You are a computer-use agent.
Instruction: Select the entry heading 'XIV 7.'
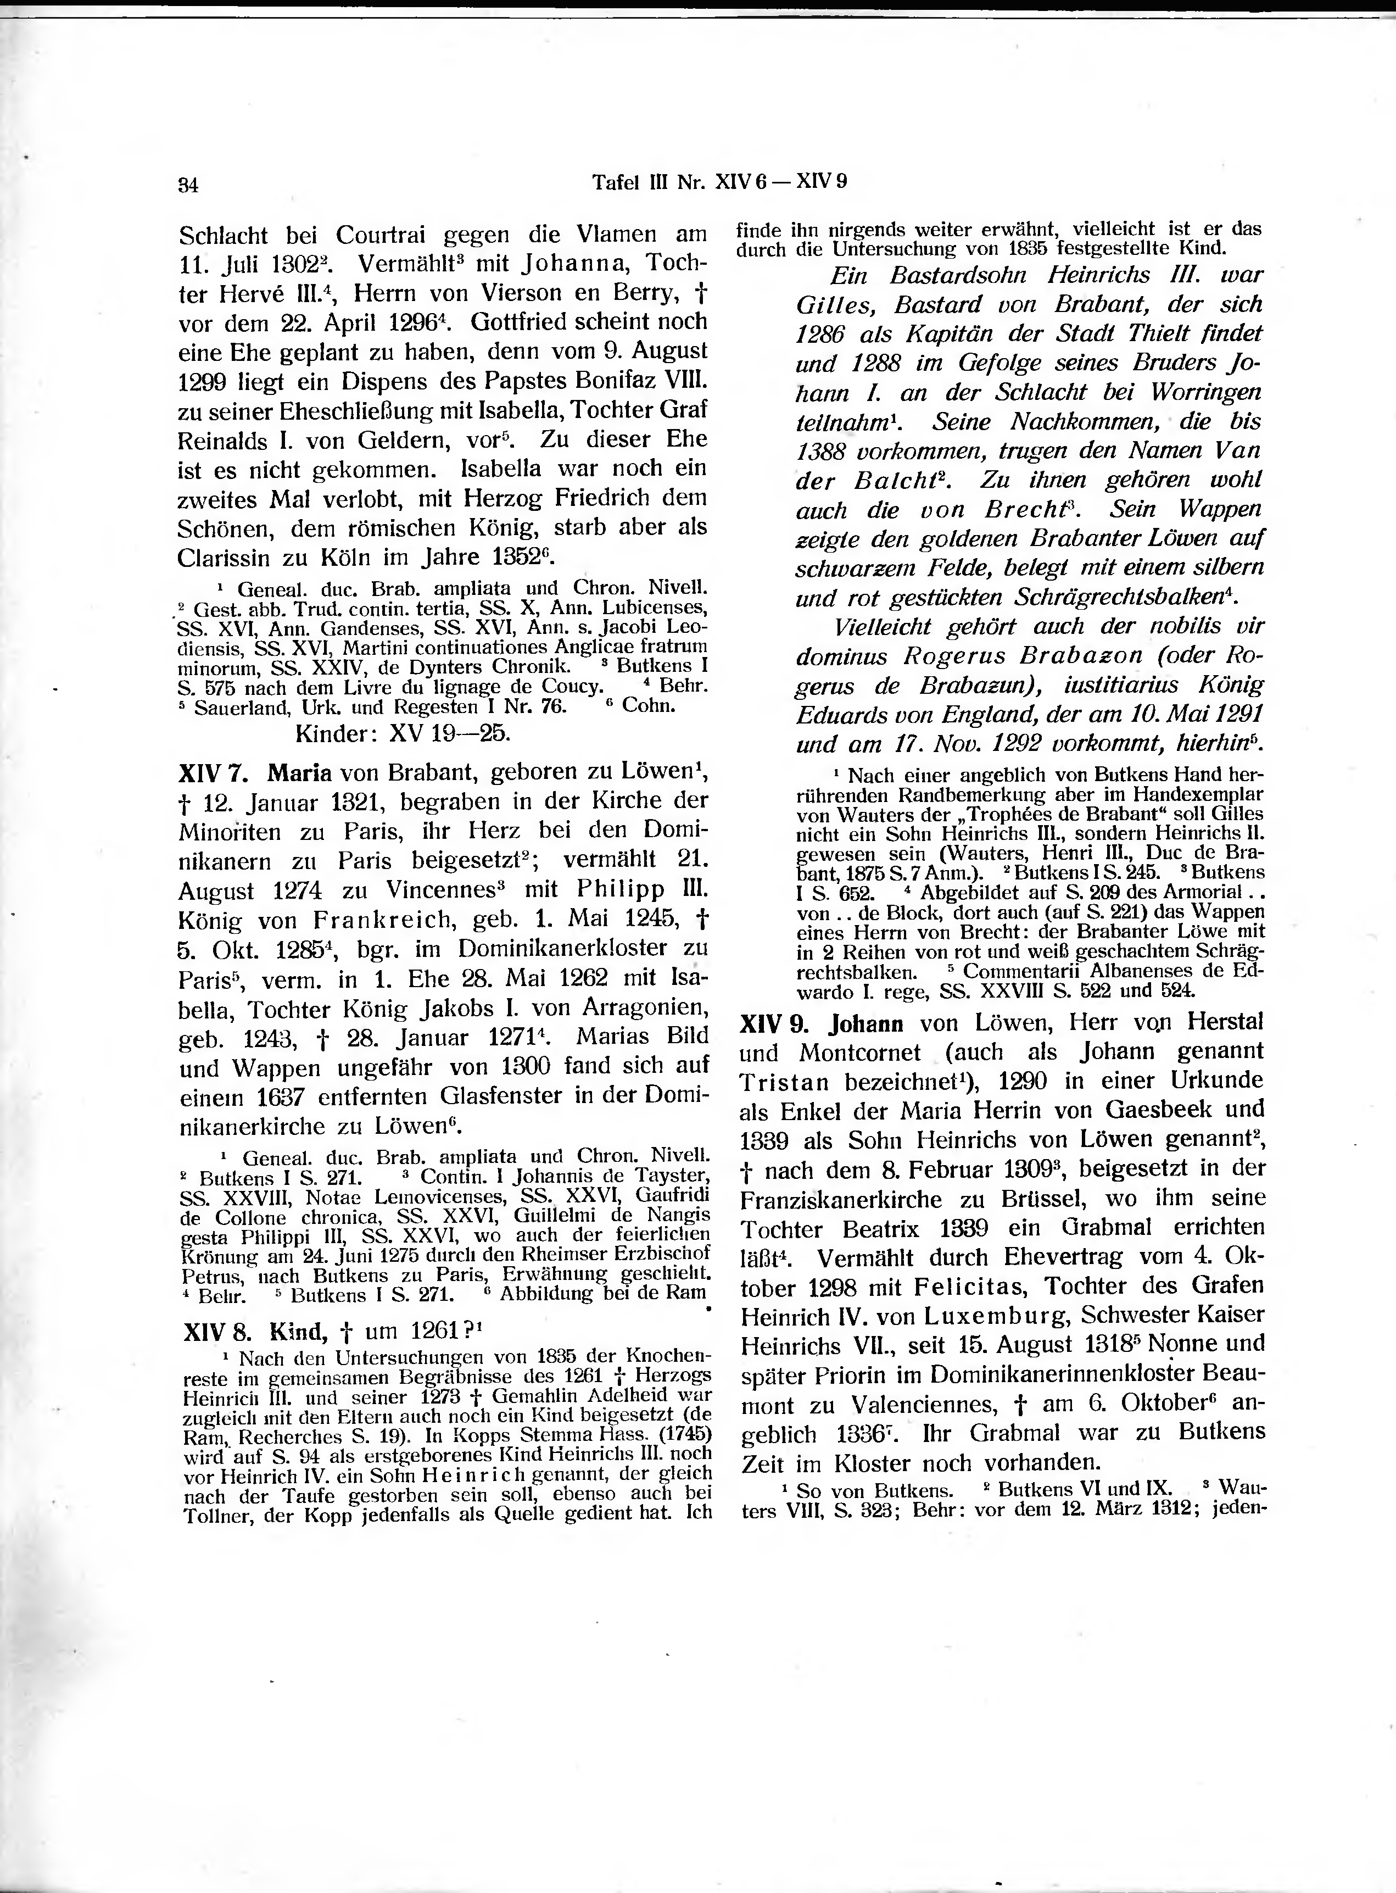click(212, 773)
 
